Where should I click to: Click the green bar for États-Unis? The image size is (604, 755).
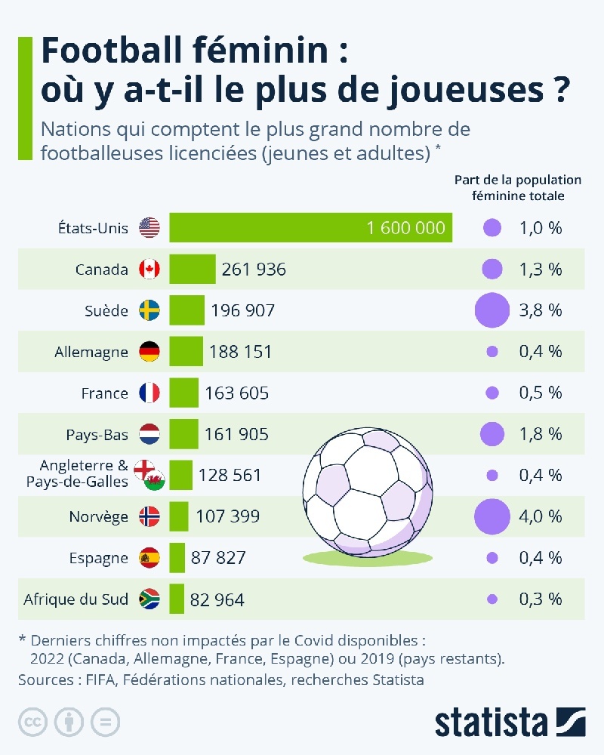point(310,227)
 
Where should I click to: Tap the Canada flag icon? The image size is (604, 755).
point(149,269)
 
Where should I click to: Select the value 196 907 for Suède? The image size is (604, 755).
point(242,310)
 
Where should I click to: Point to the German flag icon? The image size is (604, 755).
point(149,351)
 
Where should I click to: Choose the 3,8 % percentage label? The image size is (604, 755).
point(541,310)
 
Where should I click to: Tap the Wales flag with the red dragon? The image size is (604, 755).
point(156,481)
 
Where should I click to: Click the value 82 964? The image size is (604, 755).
point(217,599)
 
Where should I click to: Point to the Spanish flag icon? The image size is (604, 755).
point(149,559)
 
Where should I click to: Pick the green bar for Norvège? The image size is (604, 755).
point(178,516)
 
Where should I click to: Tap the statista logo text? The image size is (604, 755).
point(492,722)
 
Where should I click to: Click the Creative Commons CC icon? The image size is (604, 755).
point(31,723)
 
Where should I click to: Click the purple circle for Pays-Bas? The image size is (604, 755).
point(492,433)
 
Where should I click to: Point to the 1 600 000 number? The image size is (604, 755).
point(405,227)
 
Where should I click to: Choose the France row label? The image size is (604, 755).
point(105,393)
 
